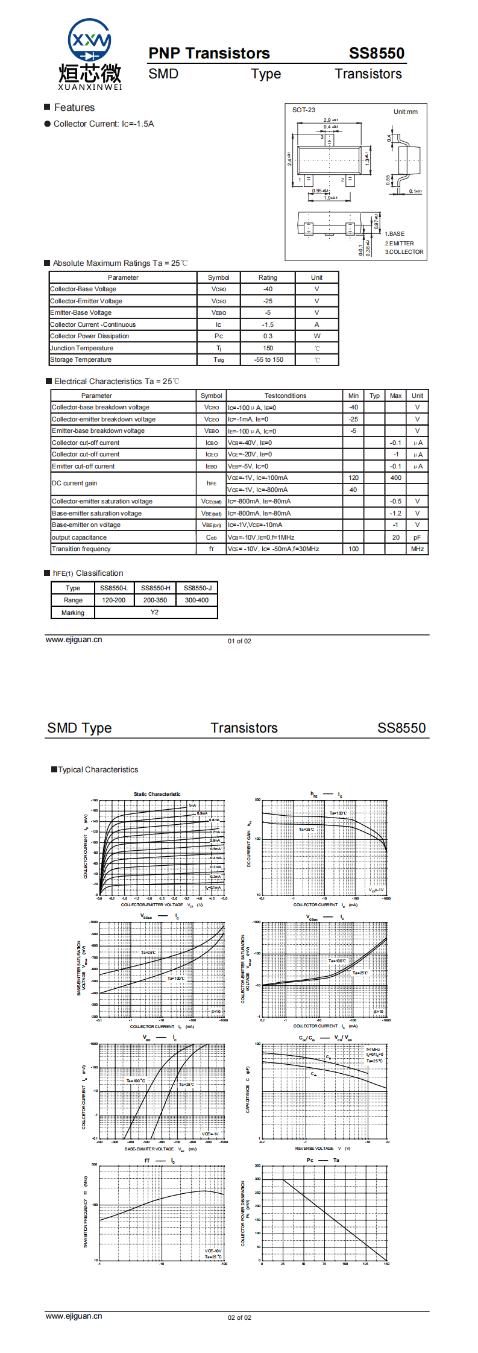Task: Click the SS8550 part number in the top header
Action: (376, 54)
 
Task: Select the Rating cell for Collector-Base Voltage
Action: (268, 289)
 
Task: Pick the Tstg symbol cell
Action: (218, 360)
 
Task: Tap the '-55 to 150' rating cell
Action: (268, 360)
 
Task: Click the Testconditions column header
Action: (285, 396)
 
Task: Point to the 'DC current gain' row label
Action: (74, 484)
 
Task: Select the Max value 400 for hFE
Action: (395, 478)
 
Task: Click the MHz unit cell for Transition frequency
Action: (417, 549)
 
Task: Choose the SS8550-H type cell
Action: (156, 588)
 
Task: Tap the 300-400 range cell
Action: (197, 601)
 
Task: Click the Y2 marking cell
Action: (155, 613)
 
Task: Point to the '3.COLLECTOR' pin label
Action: (404, 252)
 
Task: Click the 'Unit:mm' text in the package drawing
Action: (405, 112)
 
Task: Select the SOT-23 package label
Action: (304, 110)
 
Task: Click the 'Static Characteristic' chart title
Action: (157, 794)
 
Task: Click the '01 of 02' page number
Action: (239, 641)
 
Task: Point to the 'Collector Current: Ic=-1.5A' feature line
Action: (104, 124)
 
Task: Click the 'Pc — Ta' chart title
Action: (323, 1160)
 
